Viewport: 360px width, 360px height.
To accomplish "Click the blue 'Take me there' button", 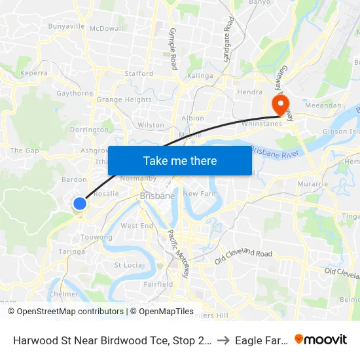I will coord(179,160).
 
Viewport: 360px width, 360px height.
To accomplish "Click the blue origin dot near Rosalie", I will coord(79,204).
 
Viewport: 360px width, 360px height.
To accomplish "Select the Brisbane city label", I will coord(157,196).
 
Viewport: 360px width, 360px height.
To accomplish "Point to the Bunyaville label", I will coord(66,27).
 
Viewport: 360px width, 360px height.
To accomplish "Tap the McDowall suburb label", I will coord(106,29).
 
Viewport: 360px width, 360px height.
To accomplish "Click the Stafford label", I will coord(139,74).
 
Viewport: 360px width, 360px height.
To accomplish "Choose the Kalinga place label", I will coord(200,76).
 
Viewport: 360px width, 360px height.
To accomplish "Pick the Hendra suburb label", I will coord(249,92).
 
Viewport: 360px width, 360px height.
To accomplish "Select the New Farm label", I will coord(199,194).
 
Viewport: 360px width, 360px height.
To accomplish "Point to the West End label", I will coord(137,226).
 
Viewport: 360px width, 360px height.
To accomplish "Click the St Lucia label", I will coord(128,265).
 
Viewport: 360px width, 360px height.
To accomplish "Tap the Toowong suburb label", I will coord(96,237).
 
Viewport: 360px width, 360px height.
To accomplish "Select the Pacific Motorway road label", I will coord(177,253).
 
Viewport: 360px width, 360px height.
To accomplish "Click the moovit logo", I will coord(320,339).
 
